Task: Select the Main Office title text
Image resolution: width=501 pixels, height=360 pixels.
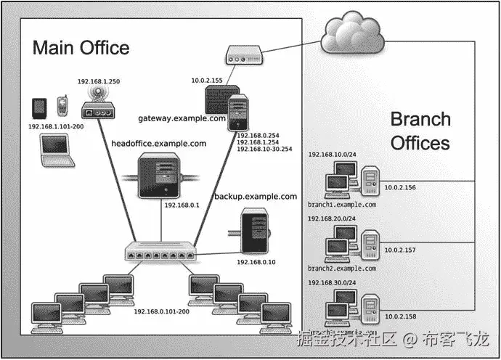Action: click(81, 49)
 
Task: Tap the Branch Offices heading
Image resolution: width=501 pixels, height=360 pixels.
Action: click(420, 131)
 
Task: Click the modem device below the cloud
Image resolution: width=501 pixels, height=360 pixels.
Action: click(241, 56)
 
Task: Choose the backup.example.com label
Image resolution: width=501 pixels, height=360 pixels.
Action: click(256, 197)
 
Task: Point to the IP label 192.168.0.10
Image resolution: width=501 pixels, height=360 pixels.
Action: click(256, 261)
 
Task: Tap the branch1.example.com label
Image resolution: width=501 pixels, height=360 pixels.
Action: click(342, 205)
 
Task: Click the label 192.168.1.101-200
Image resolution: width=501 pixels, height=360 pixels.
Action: click(56, 126)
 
